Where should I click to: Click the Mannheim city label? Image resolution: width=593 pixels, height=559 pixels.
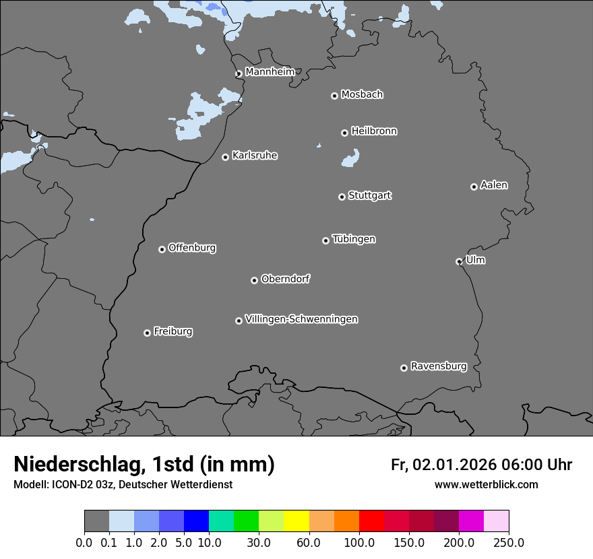point(270,71)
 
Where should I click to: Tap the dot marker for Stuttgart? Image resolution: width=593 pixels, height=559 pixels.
point(342,197)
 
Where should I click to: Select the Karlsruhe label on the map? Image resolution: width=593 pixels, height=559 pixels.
point(255,156)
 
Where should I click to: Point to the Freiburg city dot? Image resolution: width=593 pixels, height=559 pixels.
point(147,333)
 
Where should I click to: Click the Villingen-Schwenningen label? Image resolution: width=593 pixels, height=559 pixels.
point(301,319)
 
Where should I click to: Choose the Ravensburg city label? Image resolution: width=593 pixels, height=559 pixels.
point(439,366)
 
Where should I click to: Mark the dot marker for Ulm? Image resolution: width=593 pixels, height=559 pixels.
point(459,261)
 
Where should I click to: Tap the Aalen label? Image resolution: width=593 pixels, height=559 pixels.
point(494,185)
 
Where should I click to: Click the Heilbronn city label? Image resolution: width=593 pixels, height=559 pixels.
point(374,131)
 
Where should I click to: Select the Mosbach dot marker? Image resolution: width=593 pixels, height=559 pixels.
point(334,96)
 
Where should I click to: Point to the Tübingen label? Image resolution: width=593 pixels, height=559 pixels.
point(354,239)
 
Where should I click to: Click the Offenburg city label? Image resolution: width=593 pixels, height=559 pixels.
point(192,248)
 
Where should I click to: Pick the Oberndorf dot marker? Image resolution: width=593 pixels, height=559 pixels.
point(254,280)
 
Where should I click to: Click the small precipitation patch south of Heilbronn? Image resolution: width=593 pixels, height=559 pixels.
point(350,159)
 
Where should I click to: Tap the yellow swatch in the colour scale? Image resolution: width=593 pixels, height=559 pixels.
point(296,521)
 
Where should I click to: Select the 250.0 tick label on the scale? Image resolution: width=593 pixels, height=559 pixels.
point(509,542)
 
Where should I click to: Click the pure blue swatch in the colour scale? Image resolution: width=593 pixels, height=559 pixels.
point(196,521)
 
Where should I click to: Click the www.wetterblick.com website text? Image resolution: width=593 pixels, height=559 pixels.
point(486,484)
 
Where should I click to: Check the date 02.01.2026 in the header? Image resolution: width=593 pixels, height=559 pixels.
point(455,465)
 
